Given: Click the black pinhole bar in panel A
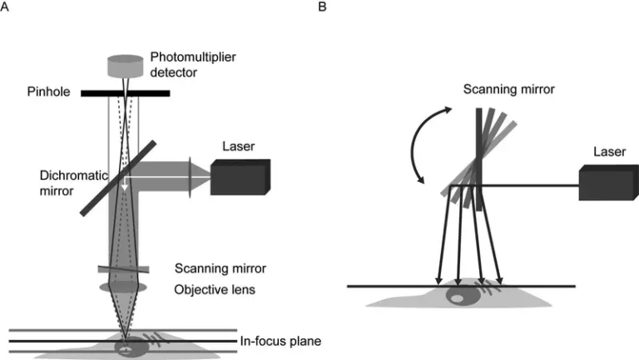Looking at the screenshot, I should coord(126,93).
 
